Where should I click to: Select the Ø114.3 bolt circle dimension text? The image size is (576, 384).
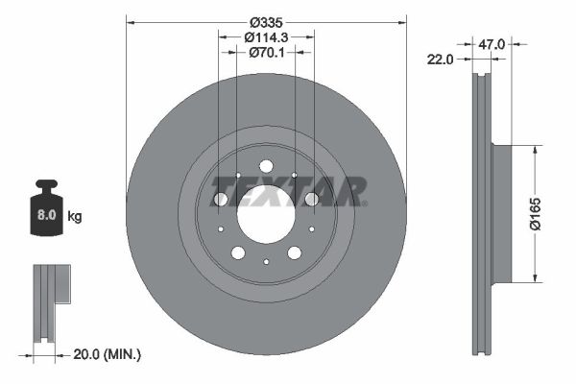tap(266, 36)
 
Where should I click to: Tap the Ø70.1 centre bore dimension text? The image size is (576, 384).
tap(266, 53)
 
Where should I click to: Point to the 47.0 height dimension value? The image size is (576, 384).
tap(493, 43)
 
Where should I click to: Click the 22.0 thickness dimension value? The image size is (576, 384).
tap(440, 60)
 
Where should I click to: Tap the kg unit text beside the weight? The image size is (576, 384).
tap(75, 217)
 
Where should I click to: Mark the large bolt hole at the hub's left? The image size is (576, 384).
tap(221, 199)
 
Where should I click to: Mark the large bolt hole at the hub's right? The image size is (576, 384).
tap(311, 199)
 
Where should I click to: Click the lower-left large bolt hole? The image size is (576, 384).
tap(238, 252)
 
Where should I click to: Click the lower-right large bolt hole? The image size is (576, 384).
tap(294, 252)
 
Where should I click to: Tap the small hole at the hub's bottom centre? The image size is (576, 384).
tap(266, 261)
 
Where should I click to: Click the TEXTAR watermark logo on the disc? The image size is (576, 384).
tap(317, 190)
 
